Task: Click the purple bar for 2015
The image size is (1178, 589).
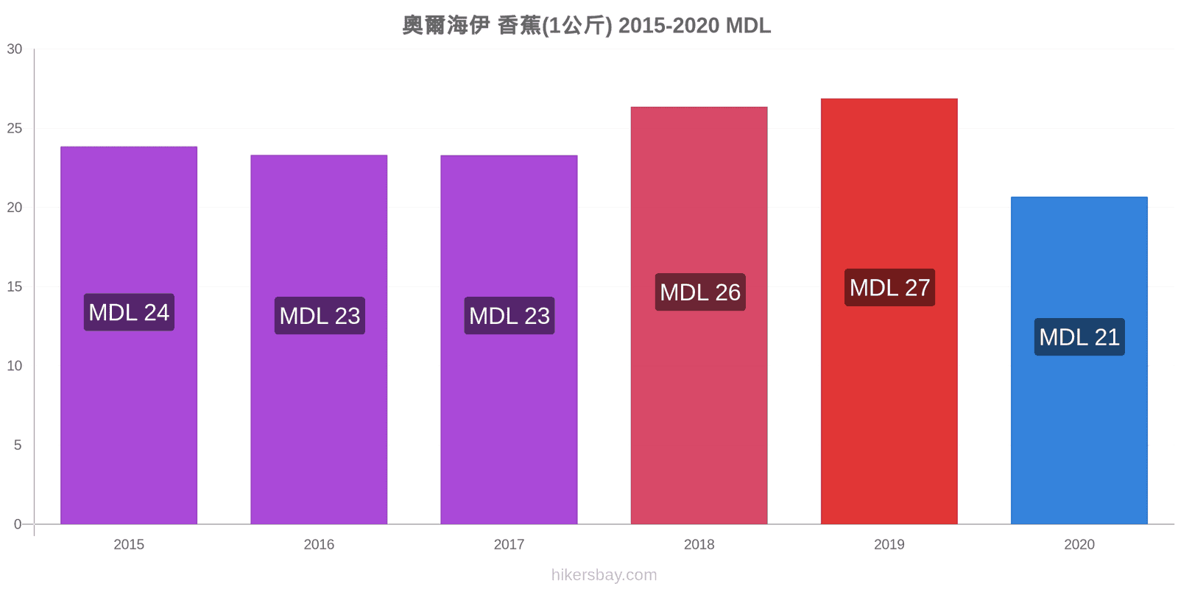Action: (x=129, y=335)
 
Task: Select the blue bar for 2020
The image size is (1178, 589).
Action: (x=1079, y=360)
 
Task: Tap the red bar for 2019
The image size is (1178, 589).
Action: (x=889, y=311)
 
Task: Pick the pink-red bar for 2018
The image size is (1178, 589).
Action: (x=699, y=316)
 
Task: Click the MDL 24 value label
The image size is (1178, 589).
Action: (x=129, y=312)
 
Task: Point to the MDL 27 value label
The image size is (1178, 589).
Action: (x=890, y=288)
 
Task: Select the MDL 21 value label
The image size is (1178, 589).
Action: (x=1079, y=337)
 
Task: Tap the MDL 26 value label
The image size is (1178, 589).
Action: (x=700, y=292)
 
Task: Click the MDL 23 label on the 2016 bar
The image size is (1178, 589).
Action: (x=320, y=316)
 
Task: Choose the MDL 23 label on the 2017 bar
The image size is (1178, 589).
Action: (x=509, y=316)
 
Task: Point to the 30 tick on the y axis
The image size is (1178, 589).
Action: (x=15, y=49)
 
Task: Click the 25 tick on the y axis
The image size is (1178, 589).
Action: (x=15, y=128)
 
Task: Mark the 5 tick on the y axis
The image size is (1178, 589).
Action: (x=18, y=445)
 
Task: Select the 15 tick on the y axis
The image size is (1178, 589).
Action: (x=15, y=286)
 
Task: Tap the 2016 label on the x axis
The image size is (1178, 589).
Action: (x=319, y=544)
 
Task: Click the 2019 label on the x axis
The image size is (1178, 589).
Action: (x=889, y=544)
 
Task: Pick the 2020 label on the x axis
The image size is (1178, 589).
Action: (x=1079, y=544)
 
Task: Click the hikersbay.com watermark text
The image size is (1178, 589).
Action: (x=604, y=575)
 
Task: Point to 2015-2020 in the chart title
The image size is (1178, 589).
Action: (x=669, y=25)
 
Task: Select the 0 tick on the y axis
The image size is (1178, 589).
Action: (x=18, y=523)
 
